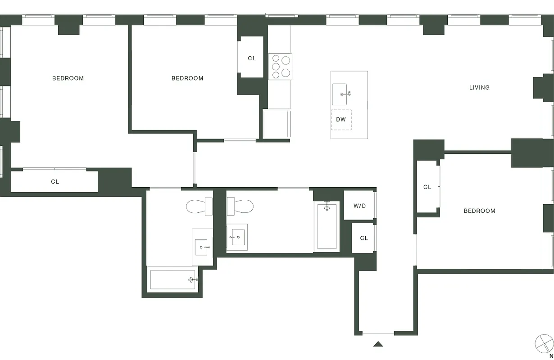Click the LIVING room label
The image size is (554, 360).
tap(479, 87)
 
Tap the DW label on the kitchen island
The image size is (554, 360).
tap(341, 120)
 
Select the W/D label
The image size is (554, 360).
tap(359, 206)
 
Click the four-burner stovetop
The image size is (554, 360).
tap(280, 67)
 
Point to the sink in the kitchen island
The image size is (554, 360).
tap(340, 94)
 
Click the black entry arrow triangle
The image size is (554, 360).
tap(378, 344)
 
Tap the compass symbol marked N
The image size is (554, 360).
tap(544, 344)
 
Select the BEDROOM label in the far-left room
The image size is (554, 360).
tap(68, 78)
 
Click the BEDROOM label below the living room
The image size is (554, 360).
tap(479, 211)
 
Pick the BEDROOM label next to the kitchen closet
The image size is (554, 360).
tap(187, 78)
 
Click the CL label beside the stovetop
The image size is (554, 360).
tap(252, 58)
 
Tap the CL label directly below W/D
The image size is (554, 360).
tap(364, 238)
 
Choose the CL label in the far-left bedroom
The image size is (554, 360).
tap(55, 182)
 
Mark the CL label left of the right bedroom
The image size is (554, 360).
tap(427, 187)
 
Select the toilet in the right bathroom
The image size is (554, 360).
tap(240, 207)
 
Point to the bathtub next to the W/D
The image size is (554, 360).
tap(327, 226)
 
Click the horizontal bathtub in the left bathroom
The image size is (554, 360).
tap(173, 279)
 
